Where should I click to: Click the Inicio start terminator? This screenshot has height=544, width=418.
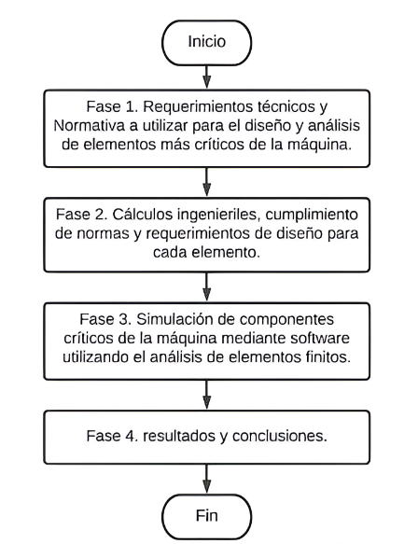coord(207,43)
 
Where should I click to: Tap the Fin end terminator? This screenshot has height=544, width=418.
coord(207,517)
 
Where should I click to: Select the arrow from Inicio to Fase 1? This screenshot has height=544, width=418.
coord(207,77)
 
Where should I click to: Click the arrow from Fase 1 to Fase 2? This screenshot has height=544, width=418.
coord(207,182)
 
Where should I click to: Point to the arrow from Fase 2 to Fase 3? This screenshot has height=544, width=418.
coord(207,286)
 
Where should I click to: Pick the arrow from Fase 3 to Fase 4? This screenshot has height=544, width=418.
coord(207,395)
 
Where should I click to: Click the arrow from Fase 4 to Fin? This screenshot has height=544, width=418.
coord(207,479)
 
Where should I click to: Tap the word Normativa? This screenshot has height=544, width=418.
coord(90,125)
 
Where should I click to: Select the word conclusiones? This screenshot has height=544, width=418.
coord(280,436)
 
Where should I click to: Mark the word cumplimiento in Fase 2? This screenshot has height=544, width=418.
coord(312,216)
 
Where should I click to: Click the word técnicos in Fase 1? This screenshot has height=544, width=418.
coord(285,106)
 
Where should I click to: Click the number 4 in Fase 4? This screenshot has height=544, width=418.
coord(131,436)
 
